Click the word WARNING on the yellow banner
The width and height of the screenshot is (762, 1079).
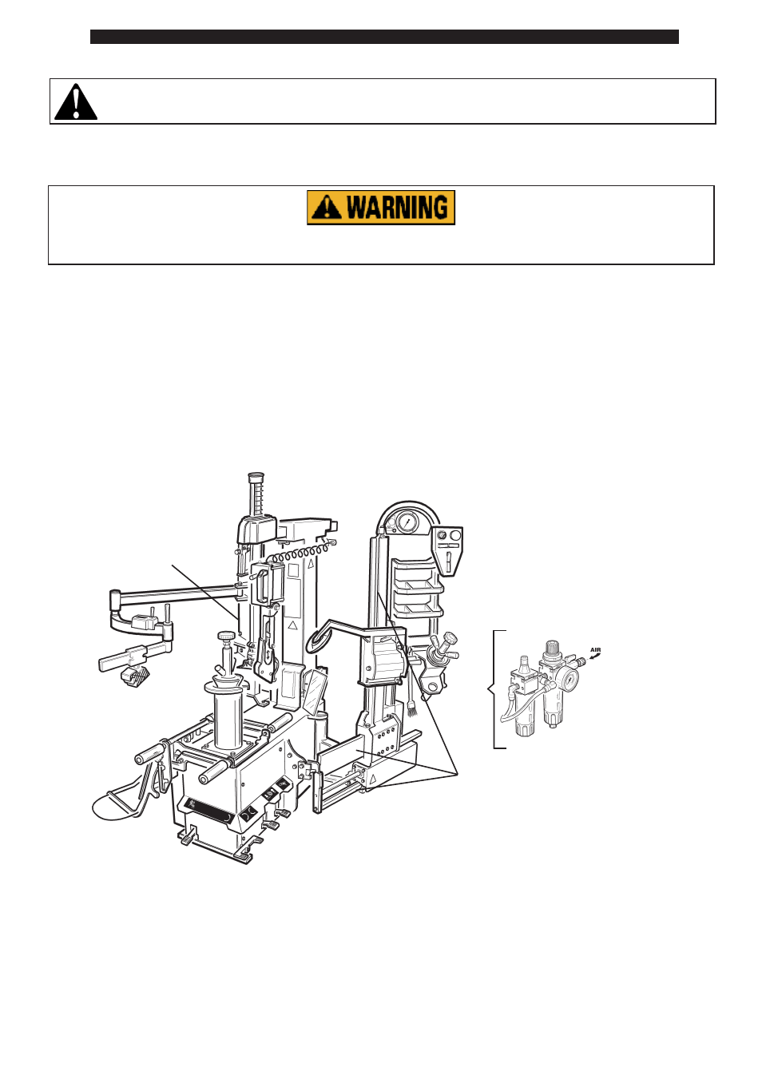tap(398, 208)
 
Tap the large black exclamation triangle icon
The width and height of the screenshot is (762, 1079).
tap(76, 101)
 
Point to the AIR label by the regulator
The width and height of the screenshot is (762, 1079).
tap(595, 650)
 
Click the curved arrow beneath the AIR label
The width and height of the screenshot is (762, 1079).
tap(594, 656)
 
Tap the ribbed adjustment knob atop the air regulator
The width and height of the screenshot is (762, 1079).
tap(551, 649)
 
